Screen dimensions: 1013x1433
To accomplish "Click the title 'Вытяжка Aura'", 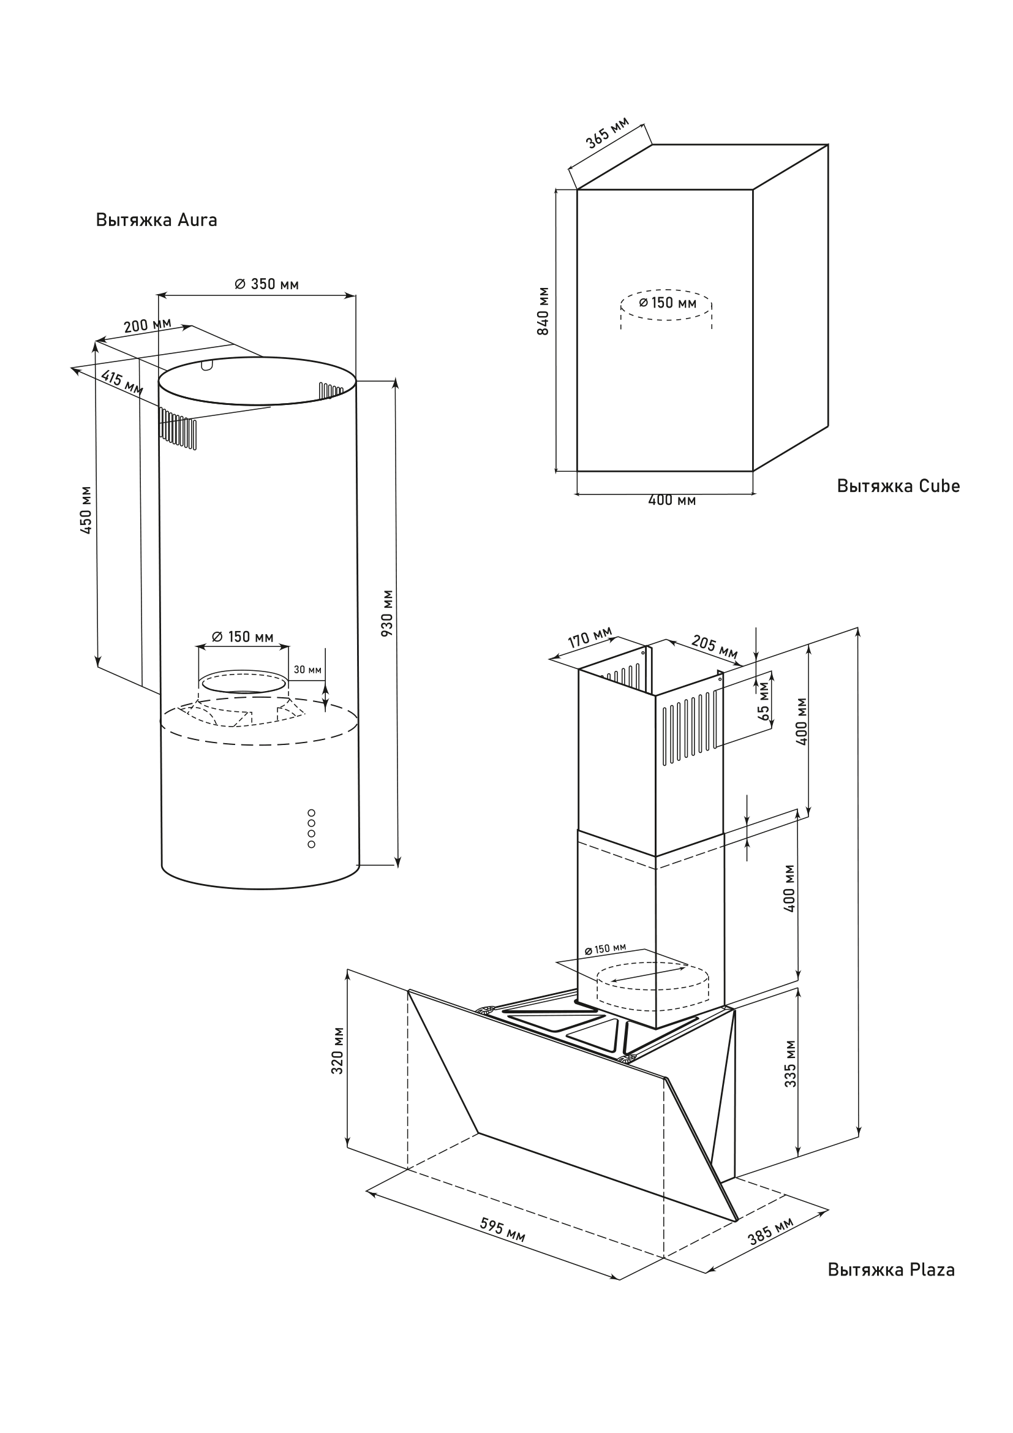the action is [157, 221].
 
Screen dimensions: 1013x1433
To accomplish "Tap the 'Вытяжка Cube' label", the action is [898, 486].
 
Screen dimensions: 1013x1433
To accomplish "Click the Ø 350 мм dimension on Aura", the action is [266, 285].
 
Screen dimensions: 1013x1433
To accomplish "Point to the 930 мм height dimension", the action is [388, 613].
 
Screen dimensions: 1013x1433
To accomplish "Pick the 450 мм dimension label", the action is [87, 510].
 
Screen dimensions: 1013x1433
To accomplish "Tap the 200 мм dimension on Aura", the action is [147, 325].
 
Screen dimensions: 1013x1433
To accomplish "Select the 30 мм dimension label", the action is [307, 670].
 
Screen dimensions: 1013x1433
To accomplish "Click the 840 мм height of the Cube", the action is [543, 311].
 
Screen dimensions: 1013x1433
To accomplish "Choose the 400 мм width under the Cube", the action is [671, 500].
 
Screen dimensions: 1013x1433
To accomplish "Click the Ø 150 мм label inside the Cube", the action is [667, 303].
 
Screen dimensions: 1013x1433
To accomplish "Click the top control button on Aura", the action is [311, 812].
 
